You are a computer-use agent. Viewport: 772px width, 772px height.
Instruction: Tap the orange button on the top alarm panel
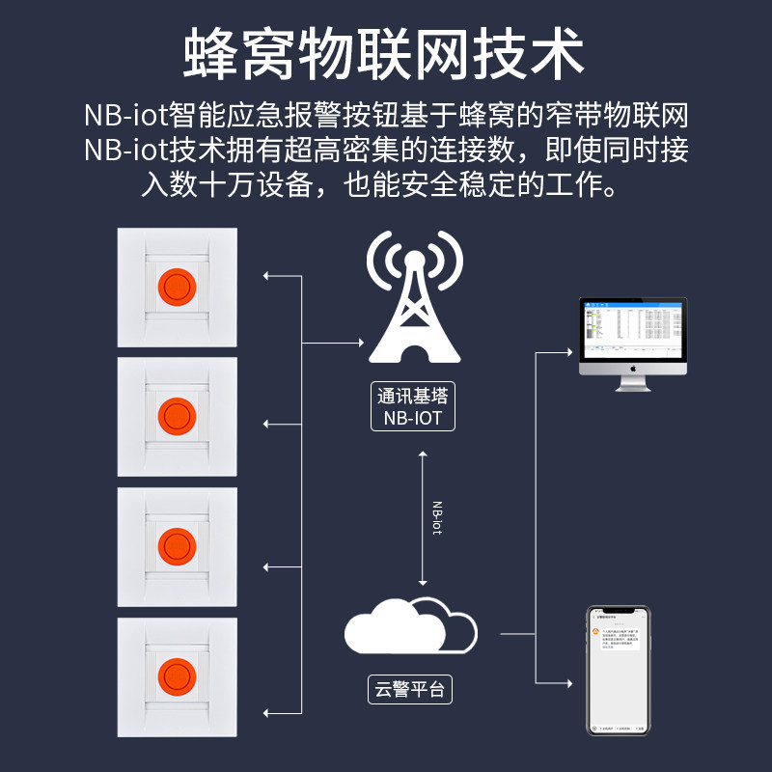[x=176, y=285]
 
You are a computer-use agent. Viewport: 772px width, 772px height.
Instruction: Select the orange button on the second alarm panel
[x=176, y=415]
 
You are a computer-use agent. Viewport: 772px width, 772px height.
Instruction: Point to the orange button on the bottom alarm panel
[x=176, y=675]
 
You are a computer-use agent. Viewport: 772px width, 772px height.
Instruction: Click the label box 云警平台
[x=411, y=690]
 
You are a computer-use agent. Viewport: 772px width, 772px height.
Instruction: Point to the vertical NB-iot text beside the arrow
[x=436, y=516]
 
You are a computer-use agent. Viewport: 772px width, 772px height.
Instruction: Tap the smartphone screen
[x=619, y=670]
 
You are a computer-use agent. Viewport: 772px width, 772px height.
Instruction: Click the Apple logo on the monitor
[x=632, y=368]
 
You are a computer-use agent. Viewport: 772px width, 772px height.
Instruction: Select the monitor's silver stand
[x=632, y=383]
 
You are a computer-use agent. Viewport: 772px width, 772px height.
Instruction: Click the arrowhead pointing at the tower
[x=365, y=342]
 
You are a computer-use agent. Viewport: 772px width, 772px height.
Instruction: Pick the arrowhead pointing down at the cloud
[x=423, y=582]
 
